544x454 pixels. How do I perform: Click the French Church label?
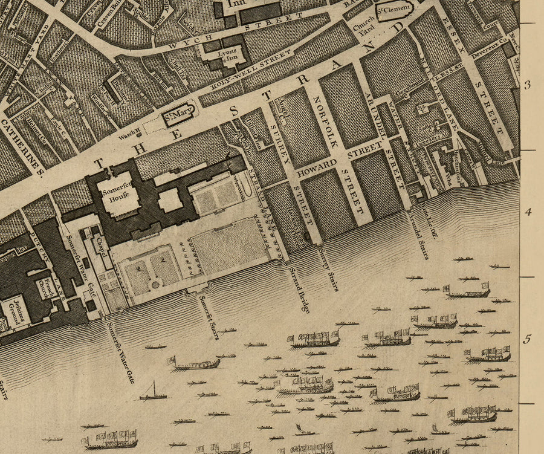(47, 288)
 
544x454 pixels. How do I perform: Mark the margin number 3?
(527, 85)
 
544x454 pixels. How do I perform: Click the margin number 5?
(527, 340)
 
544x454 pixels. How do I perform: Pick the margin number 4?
(527, 212)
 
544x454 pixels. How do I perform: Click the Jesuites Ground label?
(13, 311)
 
